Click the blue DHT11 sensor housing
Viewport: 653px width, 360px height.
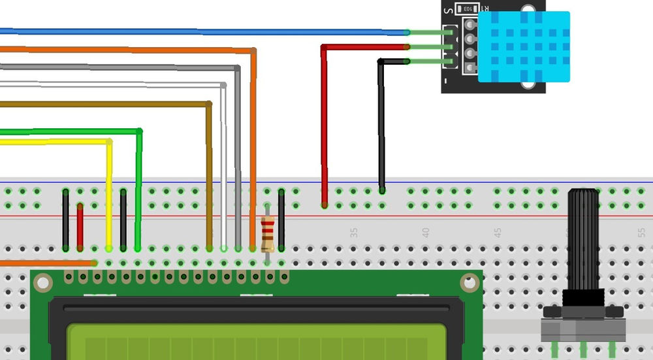[524, 46]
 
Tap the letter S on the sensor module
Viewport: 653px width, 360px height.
[448, 10]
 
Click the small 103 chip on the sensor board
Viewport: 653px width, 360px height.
[466, 9]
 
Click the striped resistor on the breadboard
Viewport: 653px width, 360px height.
[267, 235]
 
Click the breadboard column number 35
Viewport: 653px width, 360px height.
[354, 232]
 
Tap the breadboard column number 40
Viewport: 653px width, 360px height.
[426, 232]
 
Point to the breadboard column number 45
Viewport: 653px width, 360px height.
[498, 232]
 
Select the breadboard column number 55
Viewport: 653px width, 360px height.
[641, 232]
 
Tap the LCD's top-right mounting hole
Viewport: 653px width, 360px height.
[469, 282]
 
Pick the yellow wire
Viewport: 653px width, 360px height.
[109, 196]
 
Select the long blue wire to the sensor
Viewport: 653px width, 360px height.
[196, 31]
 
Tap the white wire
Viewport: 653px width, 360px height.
[223, 163]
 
